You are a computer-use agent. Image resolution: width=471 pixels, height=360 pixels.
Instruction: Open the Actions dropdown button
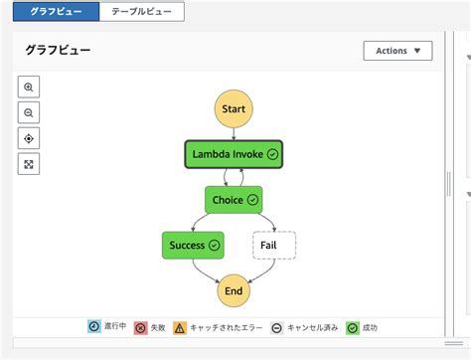(398, 50)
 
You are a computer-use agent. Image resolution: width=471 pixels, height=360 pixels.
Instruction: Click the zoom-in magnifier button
(29, 87)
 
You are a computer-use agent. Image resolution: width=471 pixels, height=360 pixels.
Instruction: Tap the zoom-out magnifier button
(29, 112)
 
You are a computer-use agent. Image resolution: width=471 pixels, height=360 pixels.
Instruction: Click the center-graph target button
(29, 138)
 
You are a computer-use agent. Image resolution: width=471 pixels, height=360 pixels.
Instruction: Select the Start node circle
(234, 108)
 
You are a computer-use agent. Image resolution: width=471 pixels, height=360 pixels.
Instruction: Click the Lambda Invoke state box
(234, 154)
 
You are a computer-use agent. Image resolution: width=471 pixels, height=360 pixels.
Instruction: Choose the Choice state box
(234, 200)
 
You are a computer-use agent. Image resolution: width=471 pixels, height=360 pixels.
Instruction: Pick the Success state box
(192, 245)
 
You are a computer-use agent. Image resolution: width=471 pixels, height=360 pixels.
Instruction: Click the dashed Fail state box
(274, 245)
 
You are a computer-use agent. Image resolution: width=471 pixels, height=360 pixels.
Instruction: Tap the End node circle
(234, 290)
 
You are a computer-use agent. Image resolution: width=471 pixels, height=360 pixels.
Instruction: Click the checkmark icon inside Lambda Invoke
(272, 154)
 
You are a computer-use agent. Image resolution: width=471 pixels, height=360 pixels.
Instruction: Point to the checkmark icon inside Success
(215, 245)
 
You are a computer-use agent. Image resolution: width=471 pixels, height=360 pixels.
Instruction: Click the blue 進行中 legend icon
(93, 326)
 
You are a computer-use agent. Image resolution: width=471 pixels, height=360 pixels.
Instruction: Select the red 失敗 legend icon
(140, 326)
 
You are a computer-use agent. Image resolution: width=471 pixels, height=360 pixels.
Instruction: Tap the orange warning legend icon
(179, 326)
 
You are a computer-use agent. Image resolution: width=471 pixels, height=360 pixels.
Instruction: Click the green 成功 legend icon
(352, 326)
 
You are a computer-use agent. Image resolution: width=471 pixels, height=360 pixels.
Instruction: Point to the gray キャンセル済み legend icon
(276, 326)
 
